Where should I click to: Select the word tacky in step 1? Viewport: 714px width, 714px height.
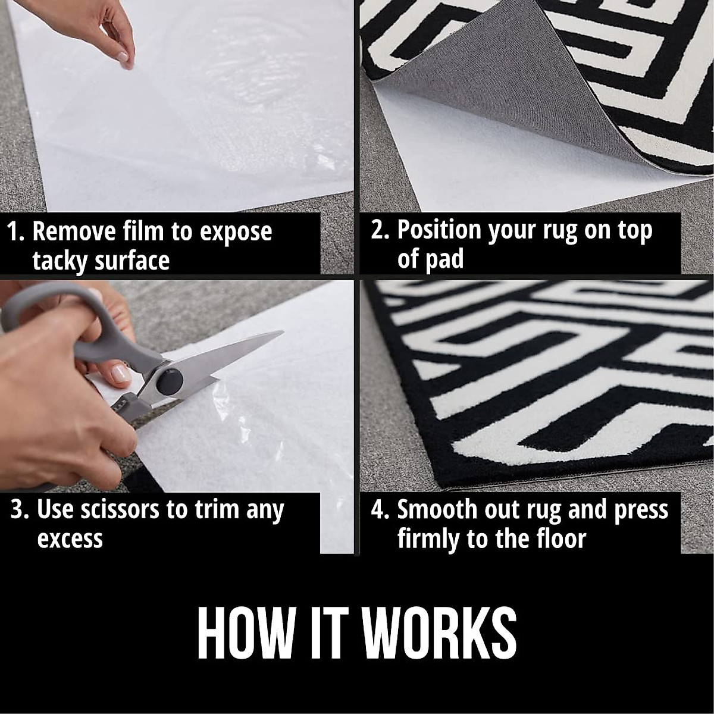(x=61, y=261)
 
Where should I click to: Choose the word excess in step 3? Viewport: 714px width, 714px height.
(x=70, y=539)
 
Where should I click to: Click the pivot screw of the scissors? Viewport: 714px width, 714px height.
(x=169, y=378)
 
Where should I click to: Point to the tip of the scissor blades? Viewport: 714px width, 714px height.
(x=281, y=333)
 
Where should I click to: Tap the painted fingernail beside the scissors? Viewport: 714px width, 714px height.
(x=121, y=374)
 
